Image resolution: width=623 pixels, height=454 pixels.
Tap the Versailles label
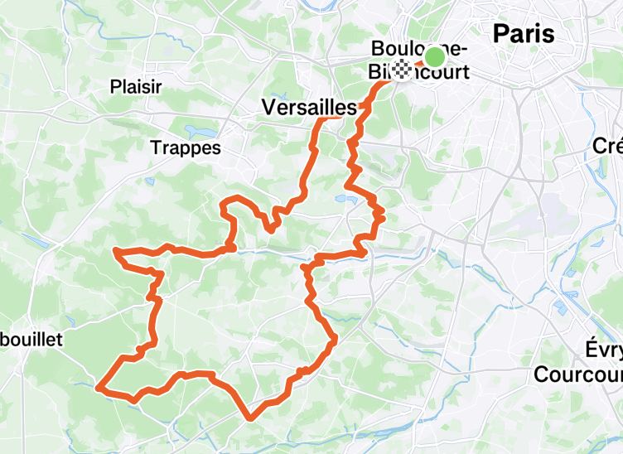click(x=308, y=107)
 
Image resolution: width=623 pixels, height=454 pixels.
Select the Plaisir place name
click(x=136, y=85)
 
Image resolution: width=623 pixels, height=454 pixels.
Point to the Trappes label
click(x=186, y=147)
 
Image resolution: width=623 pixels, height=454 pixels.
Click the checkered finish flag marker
click(x=402, y=70)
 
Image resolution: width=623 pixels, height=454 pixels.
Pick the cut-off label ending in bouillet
click(x=31, y=339)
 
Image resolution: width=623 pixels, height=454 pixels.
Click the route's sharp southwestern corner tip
click(x=99, y=387)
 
